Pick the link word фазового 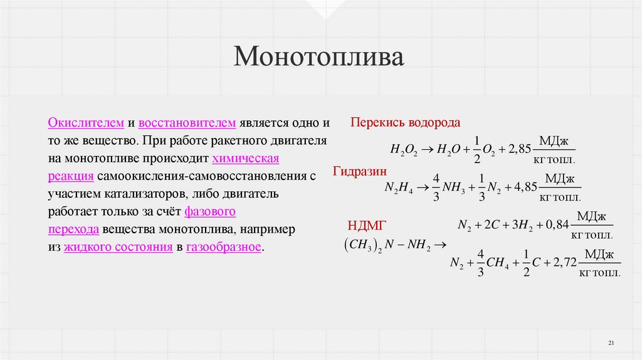[x=210, y=211]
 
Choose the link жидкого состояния [x=118, y=246]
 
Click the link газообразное [x=224, y=246]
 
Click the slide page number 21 [x=612, y=342]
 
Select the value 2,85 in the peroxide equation [x=520, y=149]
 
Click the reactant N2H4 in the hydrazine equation [x=397, y=188]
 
